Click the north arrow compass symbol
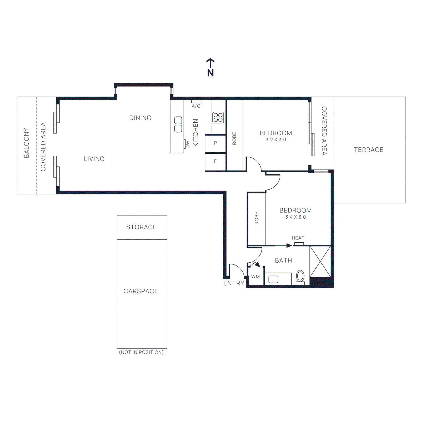(x=210, y=67)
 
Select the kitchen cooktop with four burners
(x=218, y=118)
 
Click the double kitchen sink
(x=178, y=124)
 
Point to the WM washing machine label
(x=255, y=277)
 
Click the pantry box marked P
(x=215, y=143)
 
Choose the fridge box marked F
(x=215, y=162)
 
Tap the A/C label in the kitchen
(x=196, y=106)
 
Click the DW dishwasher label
(x=188, y=144)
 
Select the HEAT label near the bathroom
(x=298, y=238)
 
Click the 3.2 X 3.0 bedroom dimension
(x=276, y=140)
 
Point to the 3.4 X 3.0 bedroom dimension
(x=295, y=217)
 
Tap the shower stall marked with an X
(x=320, y=262)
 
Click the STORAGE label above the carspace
(x=141, y=227)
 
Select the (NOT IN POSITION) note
(x=141, y=352)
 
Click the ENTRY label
(x=233, y=283)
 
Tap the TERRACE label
(x=368, y=150)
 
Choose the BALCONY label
(x=26, y=143)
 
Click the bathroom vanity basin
(x=273, y=279)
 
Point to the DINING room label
(x=140, y=118)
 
